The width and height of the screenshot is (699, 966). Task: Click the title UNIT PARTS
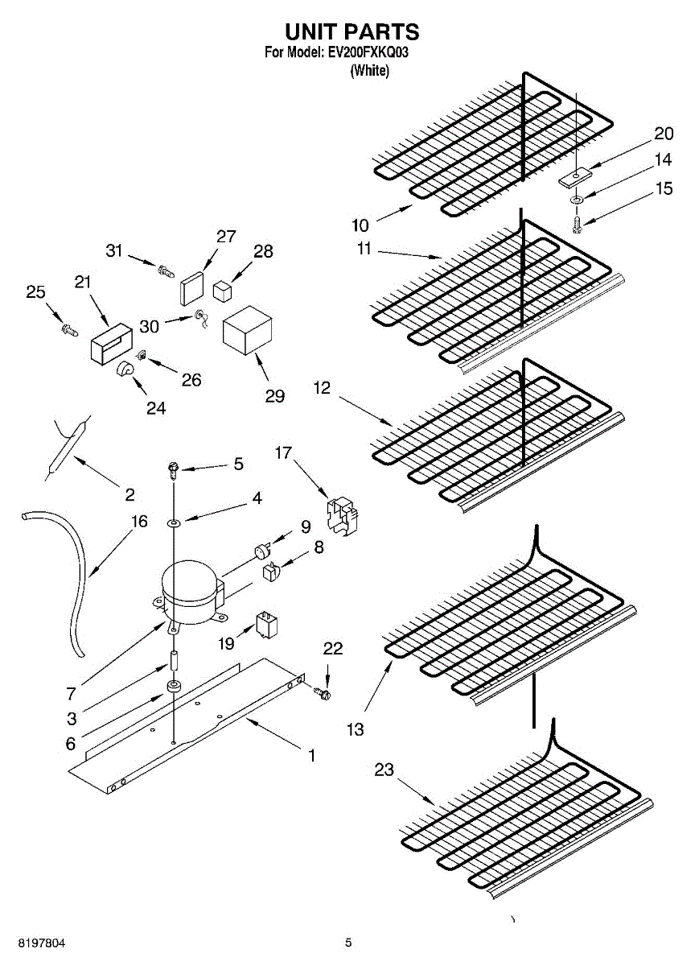point(352,31)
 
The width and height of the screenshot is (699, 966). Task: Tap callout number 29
point(275,396)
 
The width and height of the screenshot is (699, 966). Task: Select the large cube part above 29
point(247,330)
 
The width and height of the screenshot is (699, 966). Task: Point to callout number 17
point(283,453)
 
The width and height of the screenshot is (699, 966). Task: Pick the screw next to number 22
point(324,692)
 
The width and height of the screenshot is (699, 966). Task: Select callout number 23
point(384,770)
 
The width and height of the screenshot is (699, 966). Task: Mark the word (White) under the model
point(370,71)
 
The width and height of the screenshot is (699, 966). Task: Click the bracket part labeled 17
point(342,515)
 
